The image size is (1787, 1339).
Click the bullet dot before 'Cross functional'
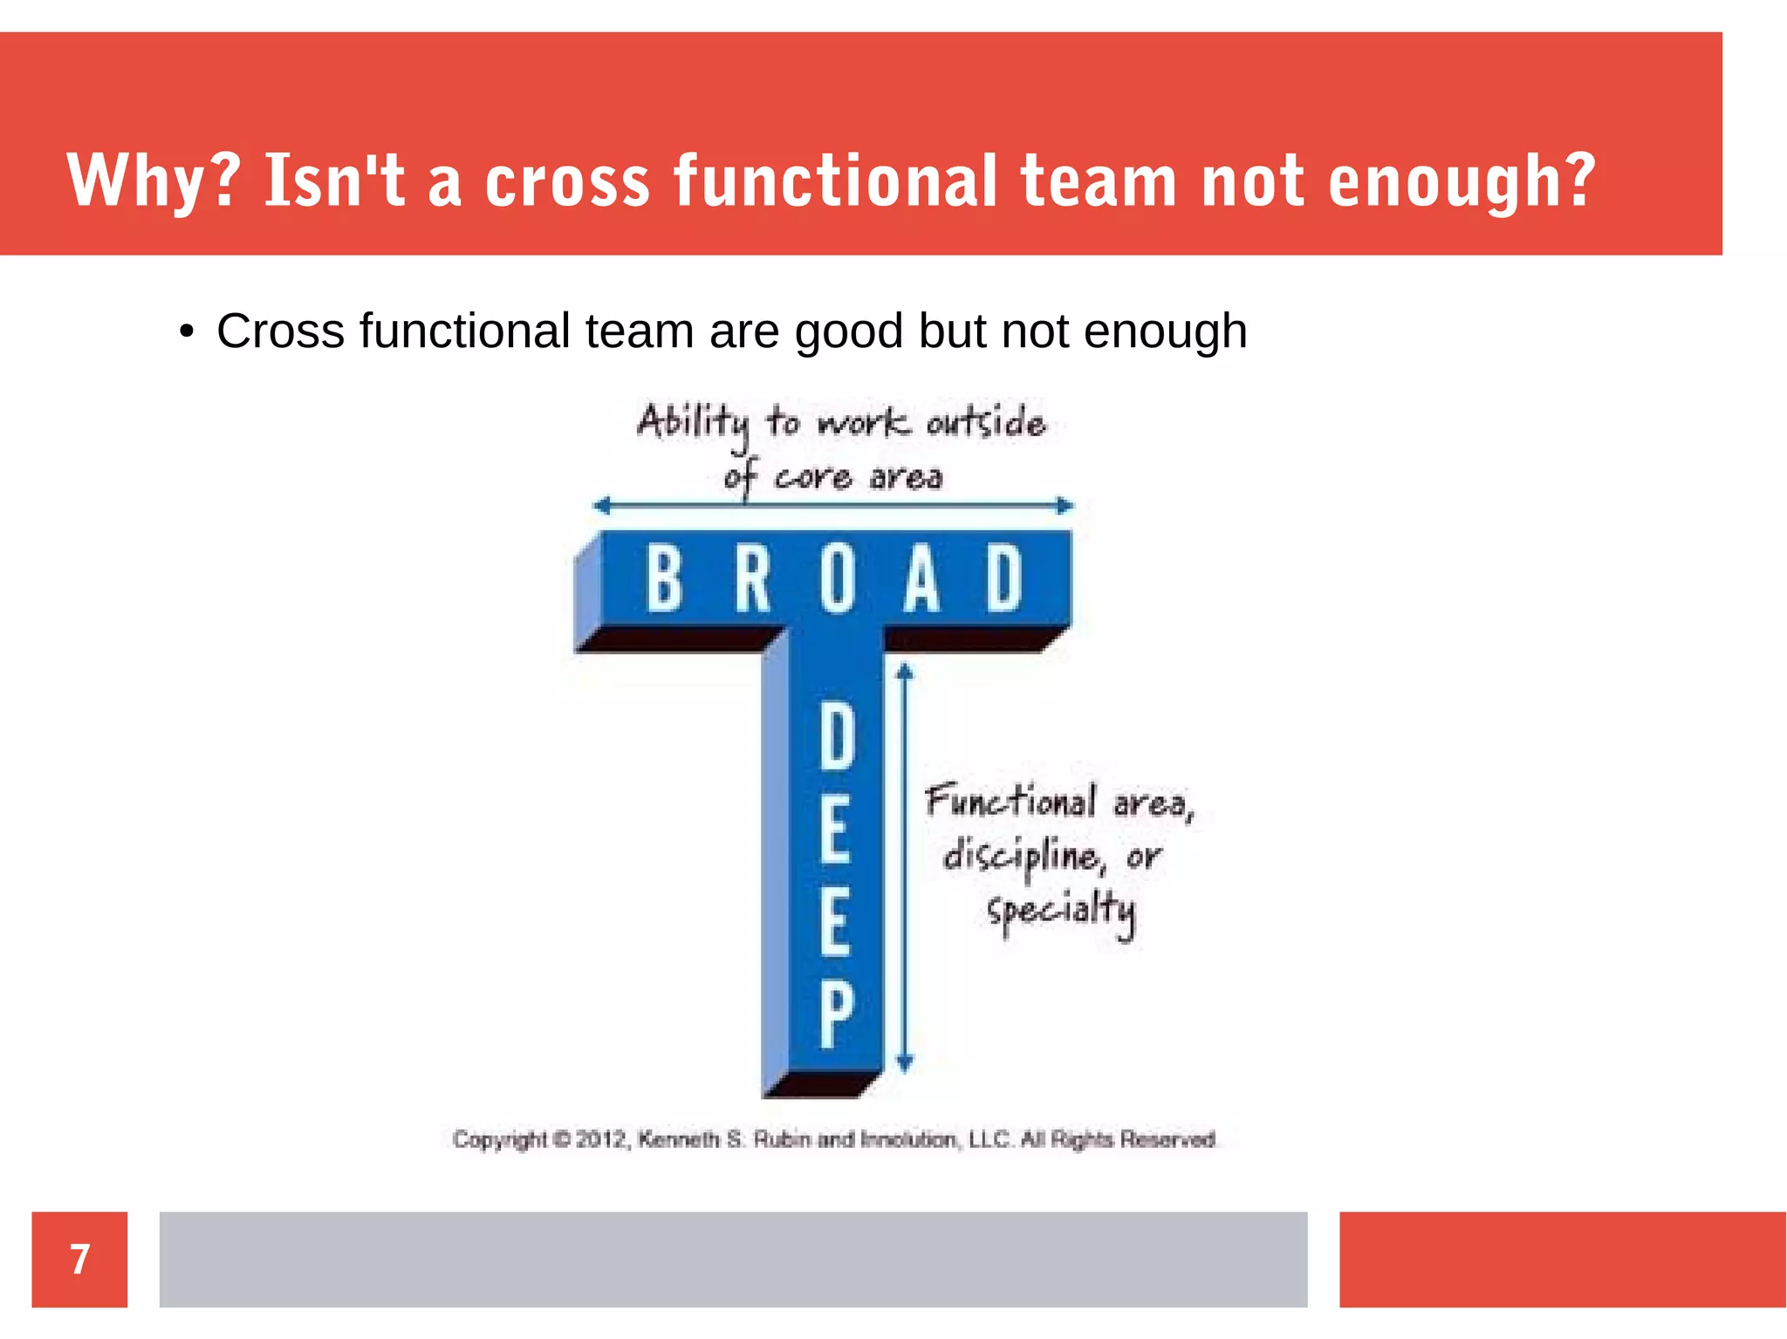[x=186, y=332]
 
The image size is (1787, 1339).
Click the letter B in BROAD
[x=664, y=577]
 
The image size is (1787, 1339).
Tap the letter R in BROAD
[x=753, y=577]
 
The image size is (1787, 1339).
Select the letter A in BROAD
[x=921, y=577]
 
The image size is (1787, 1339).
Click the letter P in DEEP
[x=836, y=1014]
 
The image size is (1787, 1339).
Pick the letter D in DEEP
[x=837, y=737]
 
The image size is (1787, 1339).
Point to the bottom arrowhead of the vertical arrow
[x=905, y=1062]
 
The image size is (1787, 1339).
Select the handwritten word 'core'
[x=813, y=478]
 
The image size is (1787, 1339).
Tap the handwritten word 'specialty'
[x=1061, y=912]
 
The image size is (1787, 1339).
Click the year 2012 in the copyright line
[x=600, y=1139]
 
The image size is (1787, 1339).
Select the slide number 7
[x=79, y=1259]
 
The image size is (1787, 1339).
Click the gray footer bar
[x=733, y=1259]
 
